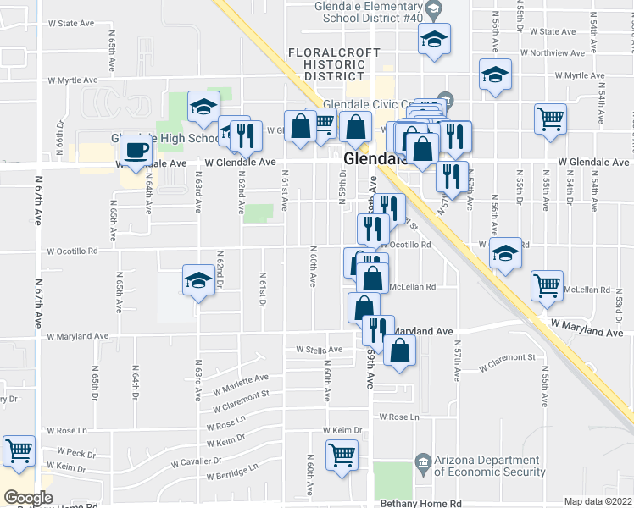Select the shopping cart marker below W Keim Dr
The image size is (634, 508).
(342, 455)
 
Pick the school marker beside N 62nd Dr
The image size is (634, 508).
(198, 279)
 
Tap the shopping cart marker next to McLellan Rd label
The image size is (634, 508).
(548, 285)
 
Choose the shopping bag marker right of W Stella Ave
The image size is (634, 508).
(399, 348)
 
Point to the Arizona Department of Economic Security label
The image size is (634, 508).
(482, 468)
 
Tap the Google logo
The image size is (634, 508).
(28, 498)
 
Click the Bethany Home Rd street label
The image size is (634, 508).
(420, 503)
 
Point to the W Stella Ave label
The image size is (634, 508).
(319, 349)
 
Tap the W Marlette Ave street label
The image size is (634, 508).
(241, 382)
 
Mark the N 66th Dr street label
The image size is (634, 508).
(61, 135)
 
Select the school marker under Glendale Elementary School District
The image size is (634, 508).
(434, 39)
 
